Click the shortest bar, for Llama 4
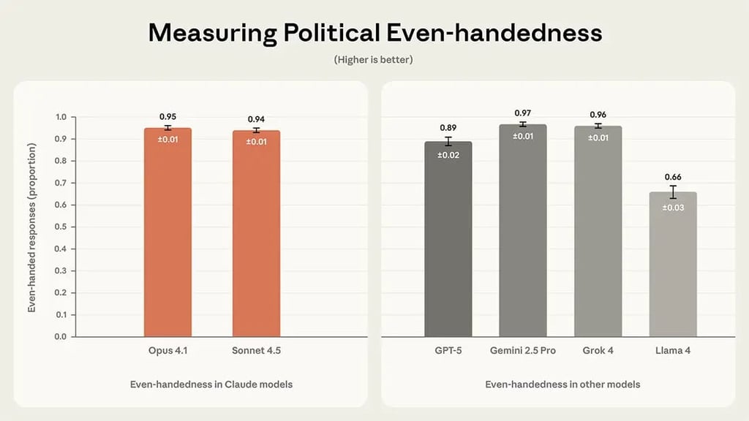coord(673,264)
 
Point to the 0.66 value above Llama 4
coord(673,177)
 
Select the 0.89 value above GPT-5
coord(448,128)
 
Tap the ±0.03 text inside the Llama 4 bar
coord(673,208)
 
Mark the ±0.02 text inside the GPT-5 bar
coord(448,155)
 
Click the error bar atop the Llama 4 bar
coord(673,192)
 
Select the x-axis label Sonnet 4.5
coord(256,351)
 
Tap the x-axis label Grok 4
coord(598,351)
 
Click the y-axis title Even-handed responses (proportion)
coord(32,227)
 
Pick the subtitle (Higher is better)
coord(374,59)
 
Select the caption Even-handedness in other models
coord(562,384)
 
